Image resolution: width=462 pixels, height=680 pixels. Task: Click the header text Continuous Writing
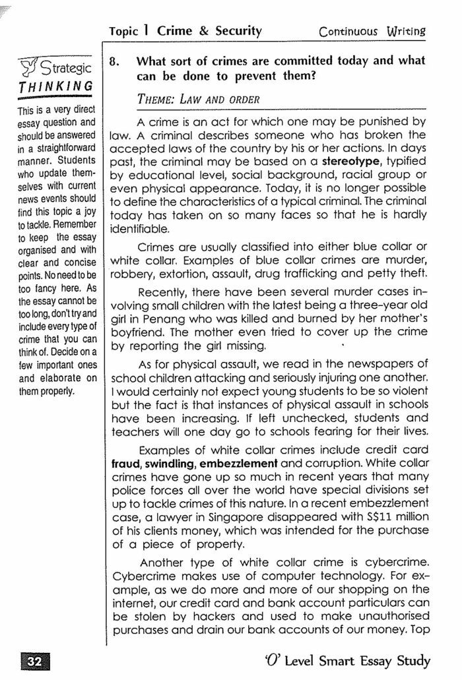point(372,31)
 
